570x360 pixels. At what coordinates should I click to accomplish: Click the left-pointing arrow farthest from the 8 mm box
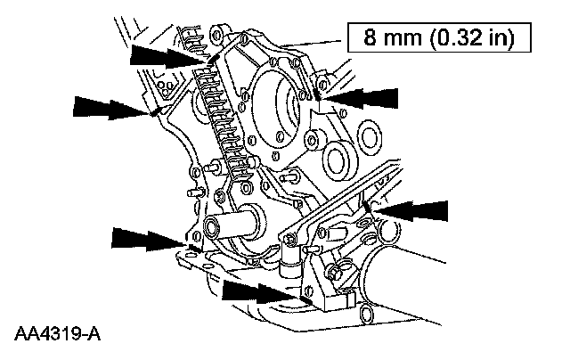pyautogui.click(x=411, y=210)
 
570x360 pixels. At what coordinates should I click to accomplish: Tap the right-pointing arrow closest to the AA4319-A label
pyautogui.click(x=142, y=238)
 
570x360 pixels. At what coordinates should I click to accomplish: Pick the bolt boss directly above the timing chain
pyautogui.click(x=216, y=37)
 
